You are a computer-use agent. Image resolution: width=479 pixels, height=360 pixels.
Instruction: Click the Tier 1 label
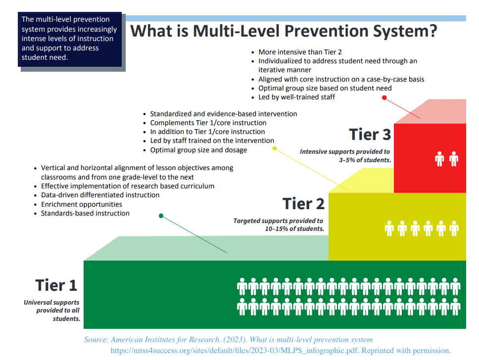(x=56, y=285)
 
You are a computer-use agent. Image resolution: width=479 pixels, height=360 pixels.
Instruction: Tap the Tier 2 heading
(x=303, y=203)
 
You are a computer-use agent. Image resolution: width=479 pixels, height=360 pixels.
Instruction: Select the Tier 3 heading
(x=370, y=135)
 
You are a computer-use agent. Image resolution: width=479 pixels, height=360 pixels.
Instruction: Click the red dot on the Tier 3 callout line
(x=384, y=97)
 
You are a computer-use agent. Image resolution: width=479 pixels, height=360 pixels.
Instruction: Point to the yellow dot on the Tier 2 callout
(x=274, y=147)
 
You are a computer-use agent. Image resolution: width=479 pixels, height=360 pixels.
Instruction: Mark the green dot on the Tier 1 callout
(x=160, y=216)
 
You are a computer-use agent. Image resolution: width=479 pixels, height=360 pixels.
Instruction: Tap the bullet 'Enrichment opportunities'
(x=82, y=204)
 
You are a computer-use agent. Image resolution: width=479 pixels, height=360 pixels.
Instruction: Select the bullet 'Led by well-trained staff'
(x=296, y=97)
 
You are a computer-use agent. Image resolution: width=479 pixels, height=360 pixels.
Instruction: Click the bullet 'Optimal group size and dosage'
(x=198, y=150)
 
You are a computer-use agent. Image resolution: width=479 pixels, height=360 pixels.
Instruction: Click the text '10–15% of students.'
(x=294, y=229)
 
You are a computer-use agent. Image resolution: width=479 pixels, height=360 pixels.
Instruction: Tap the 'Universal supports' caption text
(x=51, y=302)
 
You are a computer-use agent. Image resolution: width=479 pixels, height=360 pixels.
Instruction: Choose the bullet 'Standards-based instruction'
(x=85, y=213)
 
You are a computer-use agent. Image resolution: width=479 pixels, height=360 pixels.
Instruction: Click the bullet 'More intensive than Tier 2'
(x=300, y=52)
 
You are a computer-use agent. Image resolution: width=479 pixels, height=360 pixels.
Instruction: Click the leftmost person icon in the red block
(x=439, y=159)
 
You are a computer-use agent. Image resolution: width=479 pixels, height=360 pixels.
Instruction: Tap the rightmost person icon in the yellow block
(x=454, y=228)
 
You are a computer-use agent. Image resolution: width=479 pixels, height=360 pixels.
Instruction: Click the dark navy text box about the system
(x=71, y=39)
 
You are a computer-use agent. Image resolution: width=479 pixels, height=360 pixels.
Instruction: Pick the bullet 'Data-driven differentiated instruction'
(x=100, y=195)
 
